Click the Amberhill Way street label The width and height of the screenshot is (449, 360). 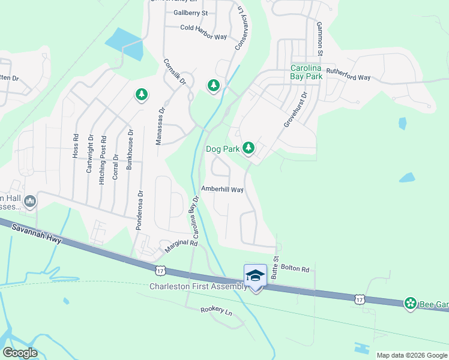[x=222, y=190]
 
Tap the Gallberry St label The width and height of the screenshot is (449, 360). [x=190, y=13]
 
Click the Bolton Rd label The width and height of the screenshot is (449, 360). [x=295, y=269]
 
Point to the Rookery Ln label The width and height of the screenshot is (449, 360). [x=216, y=311]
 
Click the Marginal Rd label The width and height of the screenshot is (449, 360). [x=178, y=244]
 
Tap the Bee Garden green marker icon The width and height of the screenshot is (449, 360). [x=411, y=304]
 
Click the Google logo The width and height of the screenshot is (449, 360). [x=20, y=353]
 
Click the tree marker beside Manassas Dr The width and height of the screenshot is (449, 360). [x=142, y=95]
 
